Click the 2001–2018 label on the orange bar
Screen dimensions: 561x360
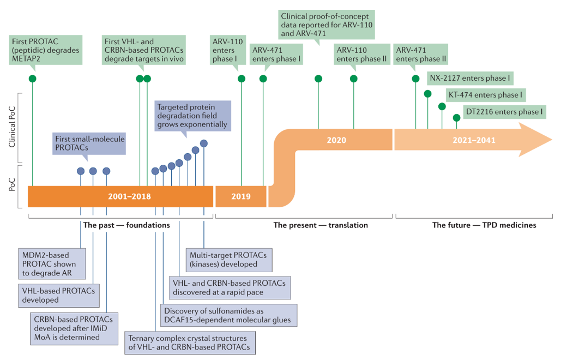coord(129,196)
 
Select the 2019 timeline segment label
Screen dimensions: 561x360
coord(241,196)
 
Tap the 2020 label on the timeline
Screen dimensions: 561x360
coord(336,140)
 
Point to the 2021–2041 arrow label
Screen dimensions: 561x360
coord(474,140)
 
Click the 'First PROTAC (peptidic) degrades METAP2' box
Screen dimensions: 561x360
coord(46,50)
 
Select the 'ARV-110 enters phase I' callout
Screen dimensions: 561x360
coord(227,50)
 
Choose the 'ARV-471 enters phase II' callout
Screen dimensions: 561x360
coord(421,55)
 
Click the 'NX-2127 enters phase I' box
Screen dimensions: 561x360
coord(470,78)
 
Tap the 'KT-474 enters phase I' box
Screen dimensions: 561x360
coord(486,95)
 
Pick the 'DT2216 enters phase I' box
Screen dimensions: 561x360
coord(504,112)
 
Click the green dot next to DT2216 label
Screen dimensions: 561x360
coord(456,118)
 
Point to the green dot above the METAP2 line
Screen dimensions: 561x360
coord(33,79)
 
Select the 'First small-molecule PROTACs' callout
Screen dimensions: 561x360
coord(89,143)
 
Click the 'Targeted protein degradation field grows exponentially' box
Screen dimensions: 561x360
coord(192,116)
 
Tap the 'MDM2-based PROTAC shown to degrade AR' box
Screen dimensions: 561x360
coord(52,264)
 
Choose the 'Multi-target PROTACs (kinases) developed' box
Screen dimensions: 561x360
coord(229,260)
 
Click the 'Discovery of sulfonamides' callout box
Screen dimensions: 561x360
coord(228,315)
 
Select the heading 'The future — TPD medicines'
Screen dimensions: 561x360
coord(484,225)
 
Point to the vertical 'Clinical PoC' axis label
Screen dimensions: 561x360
coord(12,127)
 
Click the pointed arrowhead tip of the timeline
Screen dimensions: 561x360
coord(552,140)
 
